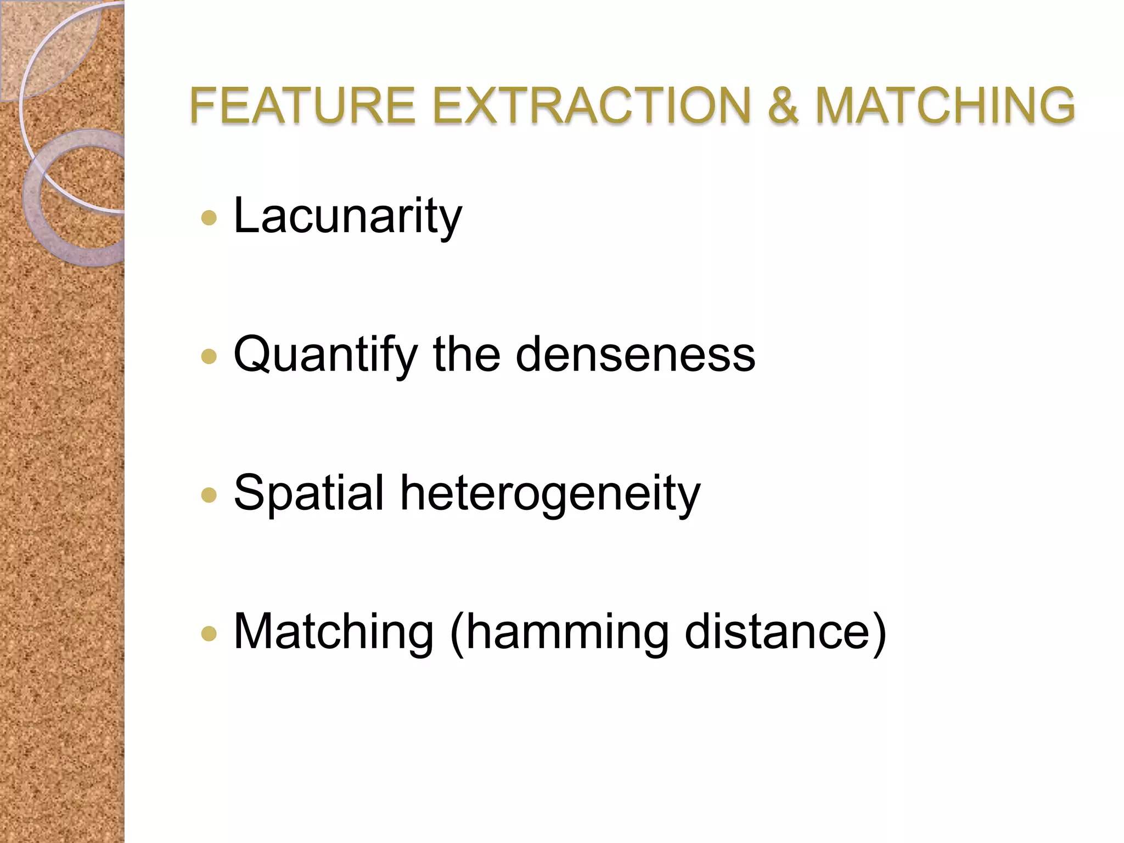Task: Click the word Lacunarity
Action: (x=347, y=216)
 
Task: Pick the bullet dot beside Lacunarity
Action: (x=209, y=218)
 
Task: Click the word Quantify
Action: (x=325, y=355)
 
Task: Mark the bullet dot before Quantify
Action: (x=209, y=357)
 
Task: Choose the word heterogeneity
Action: (x=550, y=494)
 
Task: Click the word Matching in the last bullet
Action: (x=334, y=632)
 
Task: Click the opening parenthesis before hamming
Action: (x=457, y=632)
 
